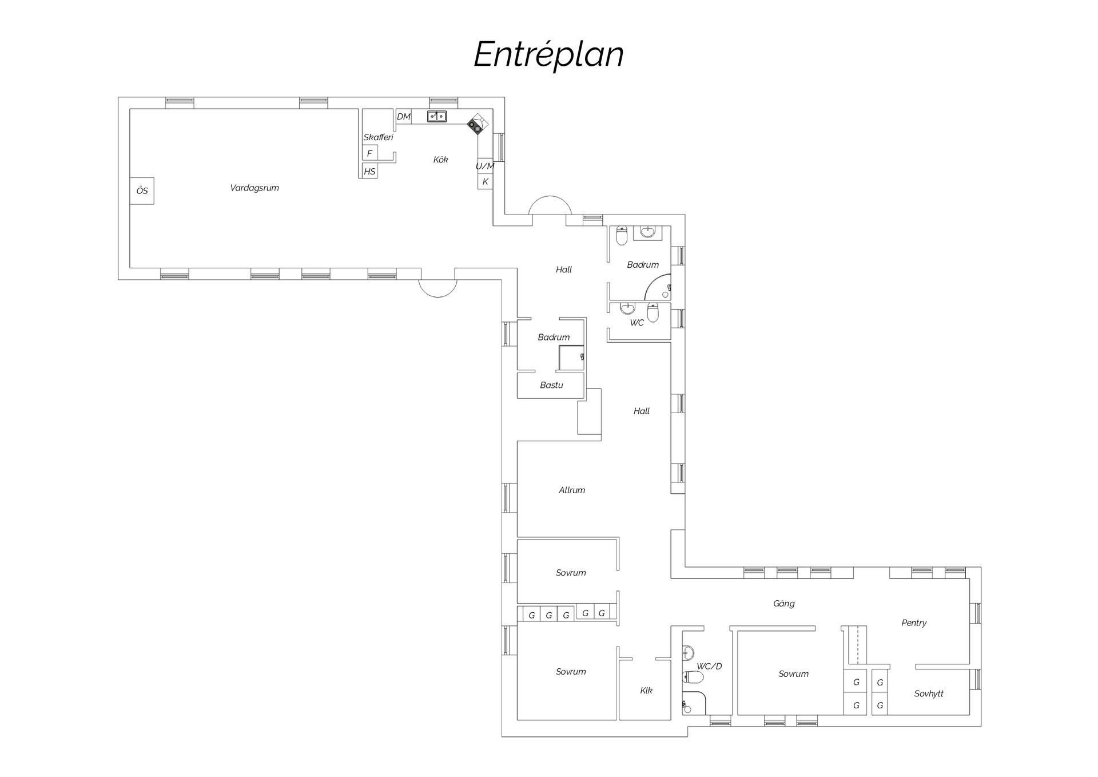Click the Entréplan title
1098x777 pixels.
[548, 55]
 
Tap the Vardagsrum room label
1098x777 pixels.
[254, 188]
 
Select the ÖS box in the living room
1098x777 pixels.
[142, 191]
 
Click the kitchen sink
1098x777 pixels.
[437, 117]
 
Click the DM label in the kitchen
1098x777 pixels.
[404, 117]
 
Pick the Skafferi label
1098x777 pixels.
[378, 137]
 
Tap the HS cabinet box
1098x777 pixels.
[369, 171]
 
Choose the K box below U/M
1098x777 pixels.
[485, 181]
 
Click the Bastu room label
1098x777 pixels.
[551, 385]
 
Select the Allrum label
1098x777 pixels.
[572, 490]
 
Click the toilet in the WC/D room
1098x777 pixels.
[693, 677]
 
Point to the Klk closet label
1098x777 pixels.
[646, 691]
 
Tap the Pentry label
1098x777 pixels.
[914, 623]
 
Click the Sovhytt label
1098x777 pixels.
[929, 693]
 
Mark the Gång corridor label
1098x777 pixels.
[783, 603]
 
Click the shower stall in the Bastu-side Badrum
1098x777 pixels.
[572, 358]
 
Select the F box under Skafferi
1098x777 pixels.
[369, 153]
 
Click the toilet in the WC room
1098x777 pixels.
[653, 312]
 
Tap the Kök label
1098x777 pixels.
[440, 160]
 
